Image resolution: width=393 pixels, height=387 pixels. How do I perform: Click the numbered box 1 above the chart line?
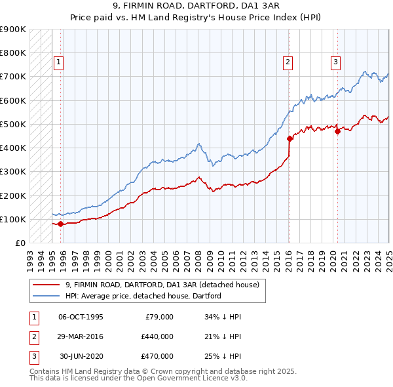click(58, 62)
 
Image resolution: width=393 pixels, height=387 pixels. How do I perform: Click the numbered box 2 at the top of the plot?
click(288, 62)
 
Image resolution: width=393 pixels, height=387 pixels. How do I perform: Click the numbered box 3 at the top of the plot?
click(335, 62)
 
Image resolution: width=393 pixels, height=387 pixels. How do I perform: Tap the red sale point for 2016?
click(289, 138)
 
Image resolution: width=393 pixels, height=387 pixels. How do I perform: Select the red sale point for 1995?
click(60, 224)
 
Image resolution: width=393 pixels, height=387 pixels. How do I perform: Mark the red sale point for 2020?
click(338, 131)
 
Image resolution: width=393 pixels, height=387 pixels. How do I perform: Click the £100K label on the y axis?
click(14, 219)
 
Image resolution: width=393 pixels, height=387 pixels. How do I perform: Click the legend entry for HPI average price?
click(143, 296)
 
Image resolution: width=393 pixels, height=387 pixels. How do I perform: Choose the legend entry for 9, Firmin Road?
click(162, 285)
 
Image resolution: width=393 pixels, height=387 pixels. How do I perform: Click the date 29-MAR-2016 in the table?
click(81, 336)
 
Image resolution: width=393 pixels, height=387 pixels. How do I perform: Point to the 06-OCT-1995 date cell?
click(81, 317)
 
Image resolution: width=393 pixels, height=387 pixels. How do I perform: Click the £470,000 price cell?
click(157, 356)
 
